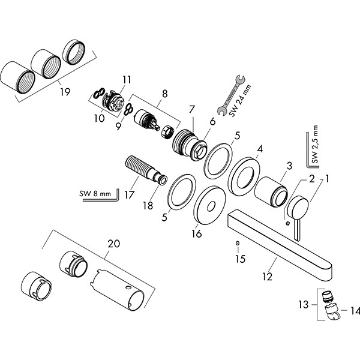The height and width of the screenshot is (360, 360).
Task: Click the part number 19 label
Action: [65, 92]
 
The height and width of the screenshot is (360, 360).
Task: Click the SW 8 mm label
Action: [95, 194]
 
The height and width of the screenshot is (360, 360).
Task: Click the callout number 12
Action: [267, 277]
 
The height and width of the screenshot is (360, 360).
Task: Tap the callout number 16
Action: [196, 233]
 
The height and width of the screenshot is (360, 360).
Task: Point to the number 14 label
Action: [353, 311]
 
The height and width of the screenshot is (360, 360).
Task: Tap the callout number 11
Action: [126, 79]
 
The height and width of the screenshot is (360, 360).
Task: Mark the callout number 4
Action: [260, 148]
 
